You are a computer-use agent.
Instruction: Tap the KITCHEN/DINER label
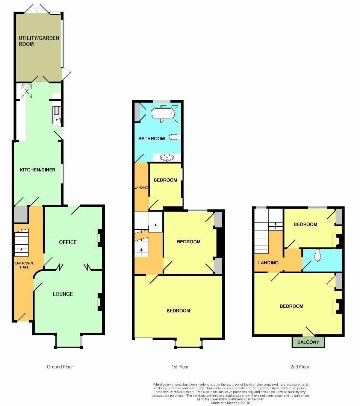coord(38,170)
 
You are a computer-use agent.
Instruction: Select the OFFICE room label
coord(68,242)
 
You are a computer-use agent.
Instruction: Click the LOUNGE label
coord(63,294)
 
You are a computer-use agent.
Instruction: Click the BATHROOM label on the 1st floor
coord(151,139)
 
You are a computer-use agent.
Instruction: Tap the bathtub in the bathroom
coord(163,113)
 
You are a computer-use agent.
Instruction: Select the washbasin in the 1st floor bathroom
coord(166,158)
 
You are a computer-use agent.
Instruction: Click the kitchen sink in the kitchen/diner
coord(56,113)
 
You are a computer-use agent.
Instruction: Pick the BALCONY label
coord(308,342)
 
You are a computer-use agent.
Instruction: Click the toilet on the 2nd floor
coord(318,256)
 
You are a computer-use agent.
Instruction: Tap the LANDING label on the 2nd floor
coord(268,263)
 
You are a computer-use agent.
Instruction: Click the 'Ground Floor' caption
coord(60,367)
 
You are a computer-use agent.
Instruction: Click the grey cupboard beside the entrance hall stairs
coord(20,214)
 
